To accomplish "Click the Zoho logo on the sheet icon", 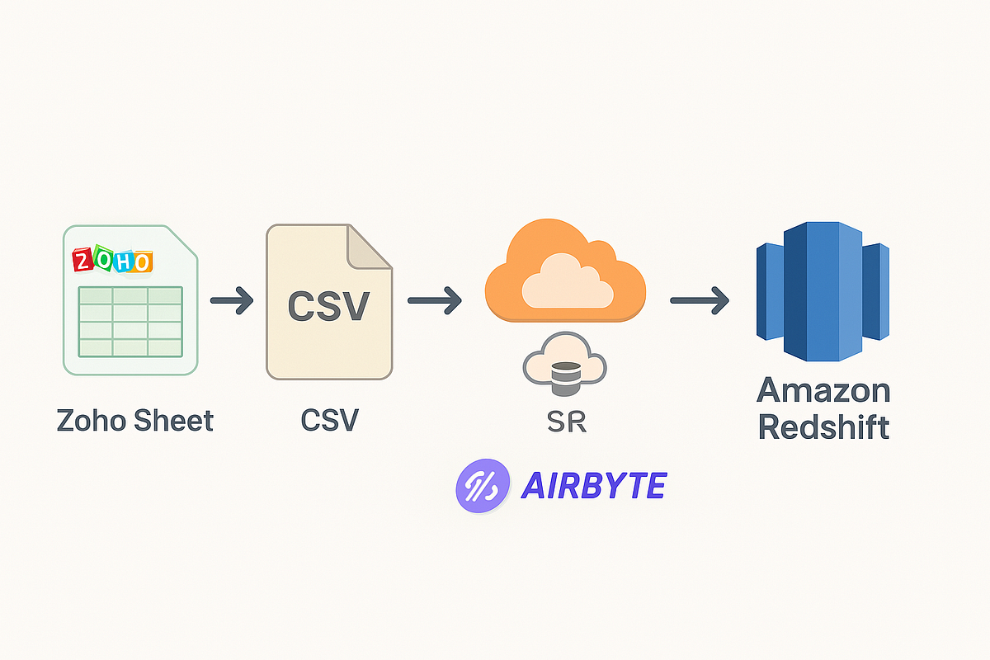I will coord(112,261).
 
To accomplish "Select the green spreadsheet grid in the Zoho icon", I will coord(130,321).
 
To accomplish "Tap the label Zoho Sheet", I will coord(135,420).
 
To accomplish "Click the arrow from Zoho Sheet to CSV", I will coord(232,301).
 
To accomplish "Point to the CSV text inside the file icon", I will coord(328,306).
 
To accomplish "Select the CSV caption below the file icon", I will coord(329,420).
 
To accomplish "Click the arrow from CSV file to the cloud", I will coord(435,301).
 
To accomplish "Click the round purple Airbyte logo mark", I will coord(478,486).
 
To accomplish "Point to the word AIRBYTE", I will coord(593,486).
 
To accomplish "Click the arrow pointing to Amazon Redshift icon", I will coord(699,301).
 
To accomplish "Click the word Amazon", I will coord(823,390).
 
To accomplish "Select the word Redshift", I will coord(823,427).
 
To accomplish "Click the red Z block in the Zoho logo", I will coord(83,261).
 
